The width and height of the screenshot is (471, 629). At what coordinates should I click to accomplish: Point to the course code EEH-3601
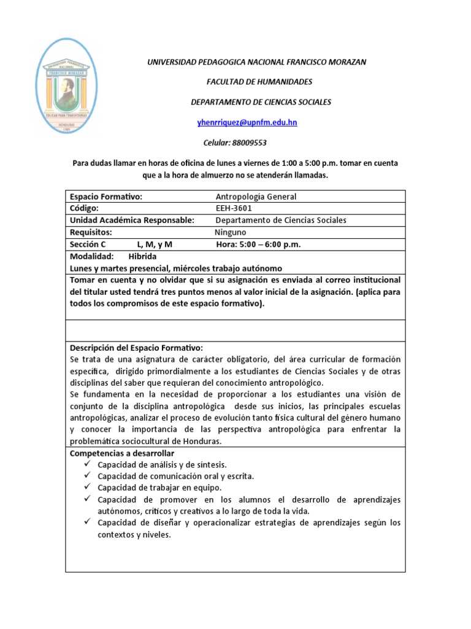[233, 208]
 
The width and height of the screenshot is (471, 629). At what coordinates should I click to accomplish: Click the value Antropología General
[256, 197]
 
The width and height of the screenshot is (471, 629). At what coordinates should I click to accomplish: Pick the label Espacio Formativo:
[106, 197]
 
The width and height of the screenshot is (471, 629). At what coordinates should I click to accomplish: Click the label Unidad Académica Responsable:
[132, 220]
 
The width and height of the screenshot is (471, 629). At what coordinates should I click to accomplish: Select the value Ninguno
[230, 232]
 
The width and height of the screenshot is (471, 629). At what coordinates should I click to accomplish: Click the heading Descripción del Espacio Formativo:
[136, 347]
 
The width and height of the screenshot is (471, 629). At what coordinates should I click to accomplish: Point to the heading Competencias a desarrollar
[123, 453]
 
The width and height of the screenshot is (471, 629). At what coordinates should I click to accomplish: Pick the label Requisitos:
[91, 232]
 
